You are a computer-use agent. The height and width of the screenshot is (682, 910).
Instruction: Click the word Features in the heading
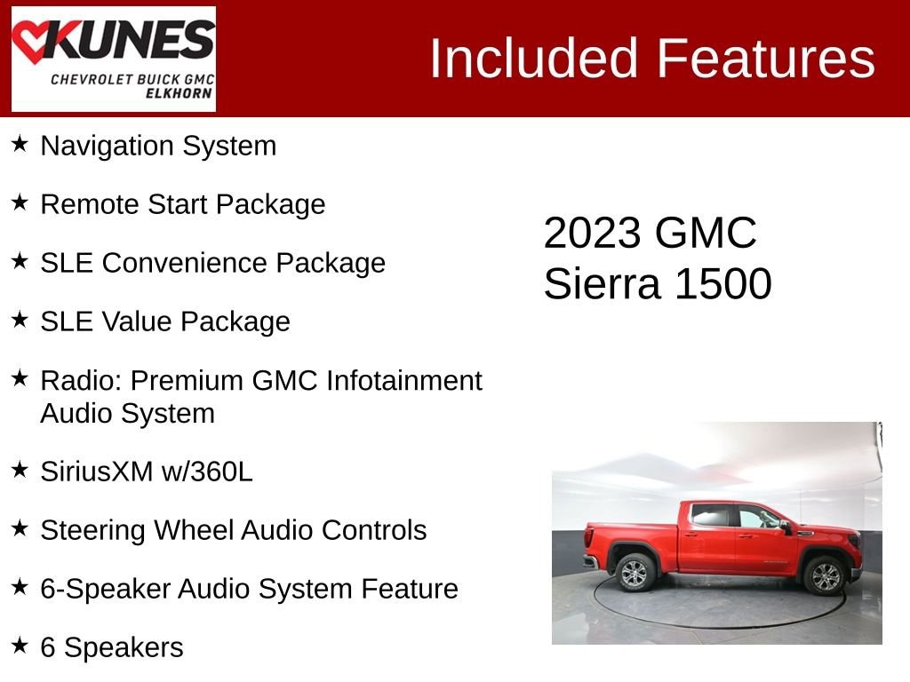tap(765, 58)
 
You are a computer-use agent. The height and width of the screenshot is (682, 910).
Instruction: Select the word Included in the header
tap(534, 58)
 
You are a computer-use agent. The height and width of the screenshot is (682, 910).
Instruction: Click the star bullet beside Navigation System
tap(20, 144)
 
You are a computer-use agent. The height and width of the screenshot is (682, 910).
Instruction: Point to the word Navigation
tap(107, 147)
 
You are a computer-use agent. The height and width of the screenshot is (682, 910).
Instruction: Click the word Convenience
tap(185, 263)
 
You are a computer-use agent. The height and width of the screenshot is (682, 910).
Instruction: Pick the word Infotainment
tap(404, 380)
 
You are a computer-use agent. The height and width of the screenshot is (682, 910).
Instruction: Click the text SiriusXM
tap(97, 471)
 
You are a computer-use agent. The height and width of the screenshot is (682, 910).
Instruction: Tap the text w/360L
tap(207, 471)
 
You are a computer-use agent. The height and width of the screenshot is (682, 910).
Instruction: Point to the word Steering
tap(92, 530)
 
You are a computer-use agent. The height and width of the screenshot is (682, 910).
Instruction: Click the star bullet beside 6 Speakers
tap(20, 645)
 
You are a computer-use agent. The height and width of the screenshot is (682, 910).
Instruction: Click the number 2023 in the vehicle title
tap(591, 234)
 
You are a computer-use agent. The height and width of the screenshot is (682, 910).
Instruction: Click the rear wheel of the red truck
tap(635, 573)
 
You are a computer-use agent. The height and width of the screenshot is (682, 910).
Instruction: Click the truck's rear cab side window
tap(711, 516)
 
